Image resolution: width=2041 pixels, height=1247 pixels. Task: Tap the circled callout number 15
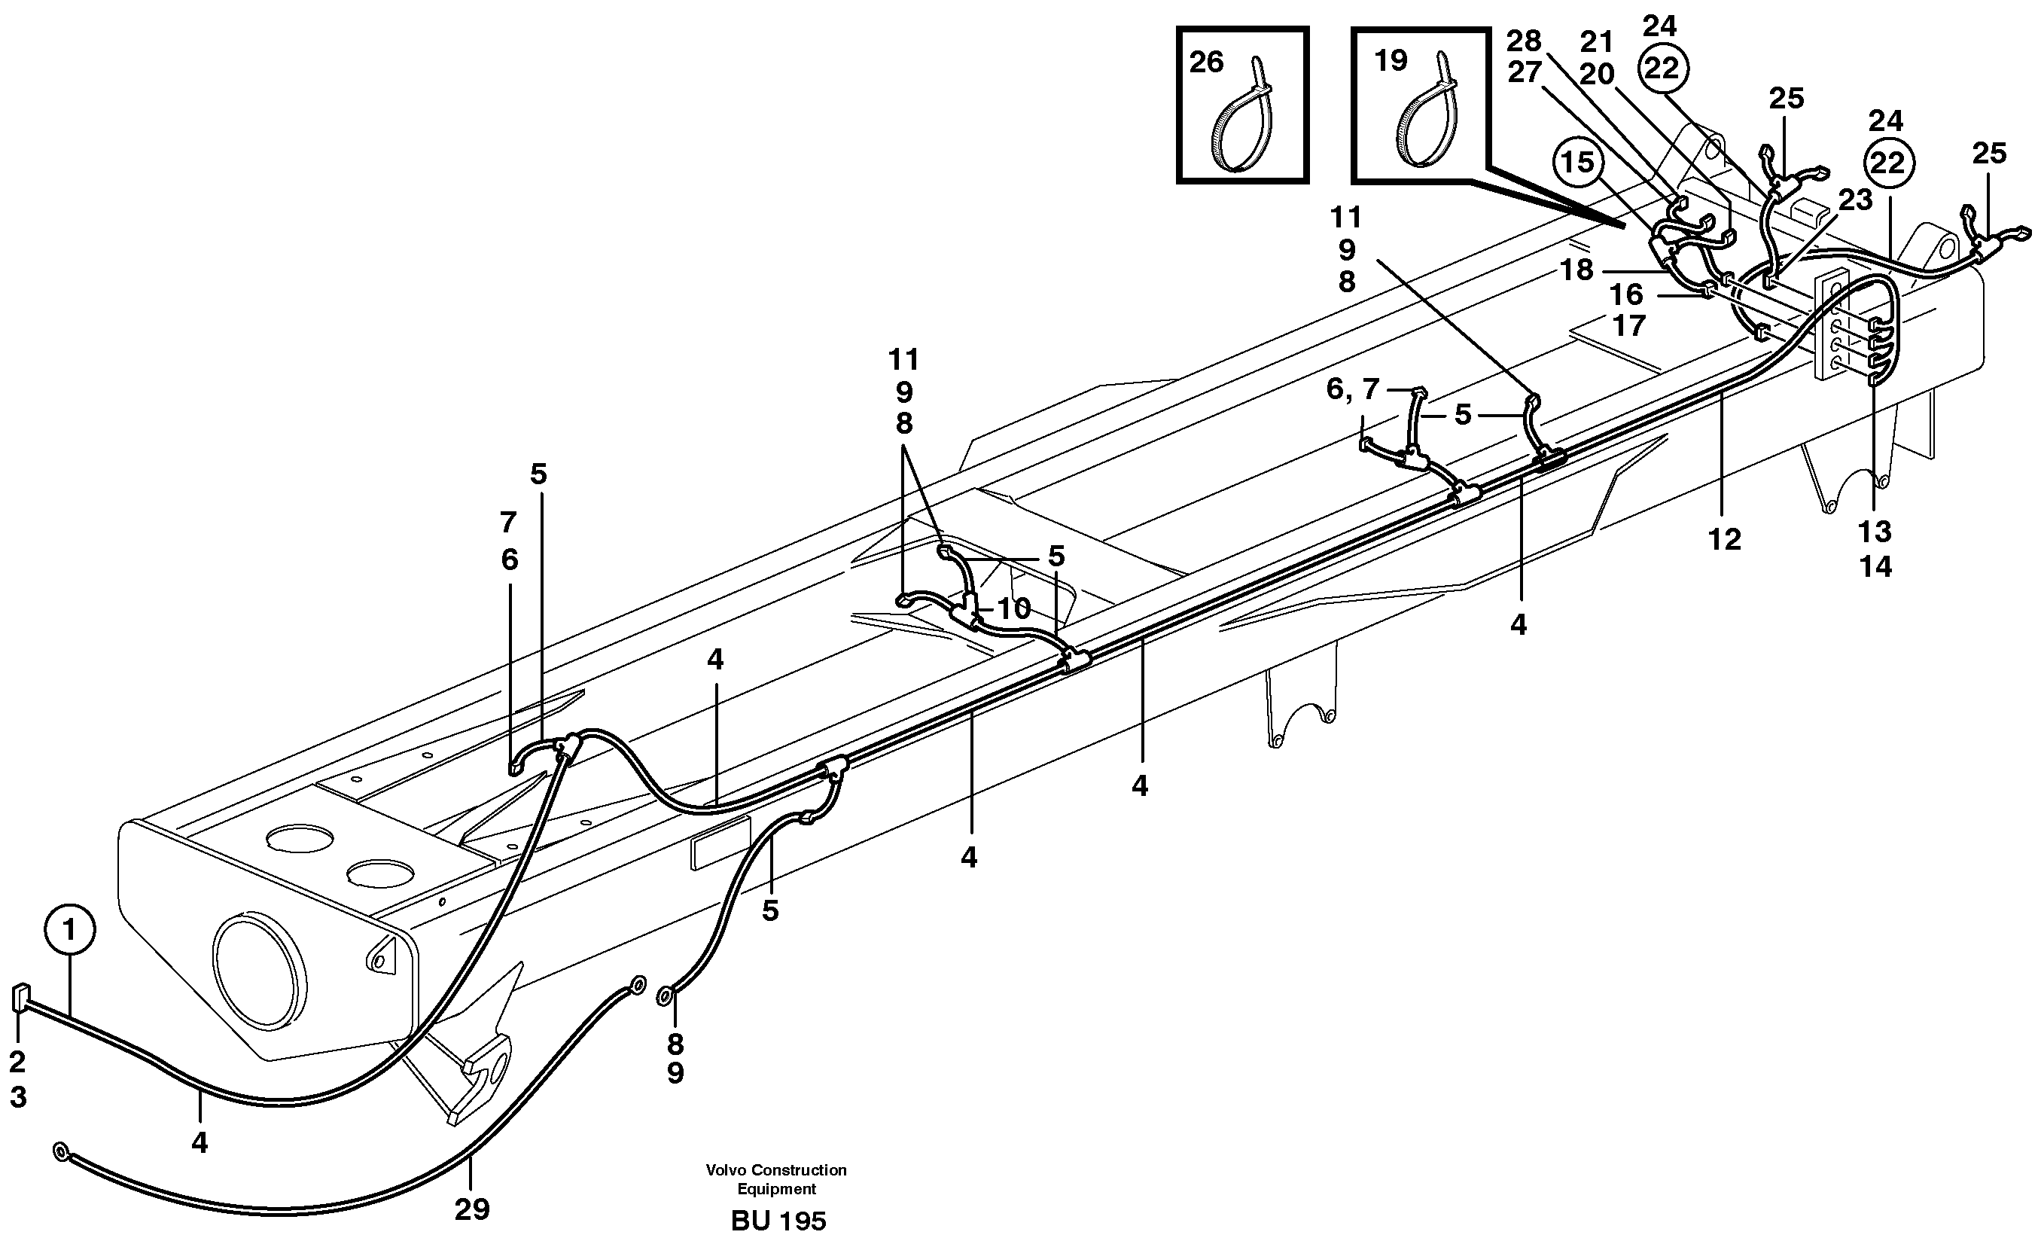tap(1577, 163)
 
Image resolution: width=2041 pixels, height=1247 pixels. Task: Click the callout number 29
tap(472, 1209)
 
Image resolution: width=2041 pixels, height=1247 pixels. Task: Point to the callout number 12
tap(1724, 539)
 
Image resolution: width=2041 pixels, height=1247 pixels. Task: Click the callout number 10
tap(1013, 609)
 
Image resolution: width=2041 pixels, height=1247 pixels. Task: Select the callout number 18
tap(1576, 270)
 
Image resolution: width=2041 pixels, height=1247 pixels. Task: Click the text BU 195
tap(778, 1221)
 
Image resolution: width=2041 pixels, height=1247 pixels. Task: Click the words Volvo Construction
tap(776, 1170)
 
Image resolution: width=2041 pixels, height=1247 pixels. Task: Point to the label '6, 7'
tap(1353, 389)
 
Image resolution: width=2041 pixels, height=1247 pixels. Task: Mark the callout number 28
tap(1523, 40)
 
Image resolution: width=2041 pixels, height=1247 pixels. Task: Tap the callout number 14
tap(1876, 567)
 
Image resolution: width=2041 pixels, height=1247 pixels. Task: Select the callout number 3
tap(18, 1097)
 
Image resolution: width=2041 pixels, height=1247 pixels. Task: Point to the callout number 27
tap(1523, 73)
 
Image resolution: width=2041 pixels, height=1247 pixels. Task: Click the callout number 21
tap(1597, 41)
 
